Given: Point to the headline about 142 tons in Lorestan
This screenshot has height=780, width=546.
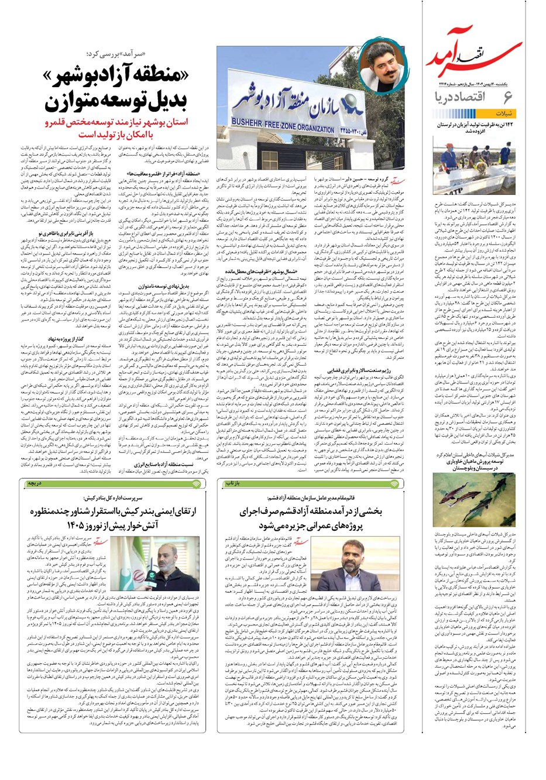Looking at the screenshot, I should (x=475, y=128).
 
